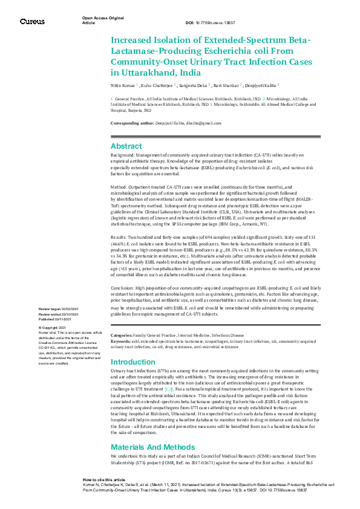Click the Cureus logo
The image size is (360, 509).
[x=32, y=21]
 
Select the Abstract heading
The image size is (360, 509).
[x=126, y=146]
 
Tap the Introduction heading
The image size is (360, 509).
[x=133, y=361]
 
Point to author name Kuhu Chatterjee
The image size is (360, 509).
[x=157, y=86]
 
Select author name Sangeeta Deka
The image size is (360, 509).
[x=193, y=86]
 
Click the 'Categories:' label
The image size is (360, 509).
[x=122, y=334]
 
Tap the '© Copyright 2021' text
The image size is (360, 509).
[x=53, y=328]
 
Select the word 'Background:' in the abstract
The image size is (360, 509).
[x=122, y=156]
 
